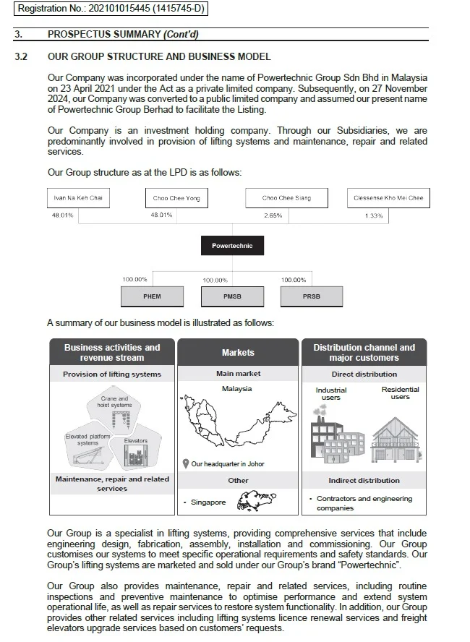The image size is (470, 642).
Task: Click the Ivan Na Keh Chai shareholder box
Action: pos(79,198)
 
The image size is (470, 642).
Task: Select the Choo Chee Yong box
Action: pos(176,198)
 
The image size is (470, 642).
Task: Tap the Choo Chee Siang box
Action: pos(286,198)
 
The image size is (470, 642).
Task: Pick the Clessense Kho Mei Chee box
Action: pos(388,198)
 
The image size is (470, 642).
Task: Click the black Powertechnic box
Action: pos(232,246)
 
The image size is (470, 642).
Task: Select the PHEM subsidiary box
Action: pos(152,296)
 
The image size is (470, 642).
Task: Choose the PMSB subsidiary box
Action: pos(232,296)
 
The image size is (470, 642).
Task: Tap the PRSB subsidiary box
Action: pos(311,296)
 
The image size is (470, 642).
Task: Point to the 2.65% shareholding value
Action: pos(273,215)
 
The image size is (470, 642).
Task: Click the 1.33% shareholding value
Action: pos(374,215)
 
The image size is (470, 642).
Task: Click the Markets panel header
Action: pos(238,353)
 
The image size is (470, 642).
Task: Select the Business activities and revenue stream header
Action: pos(112,353)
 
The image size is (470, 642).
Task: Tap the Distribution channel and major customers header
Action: pos(364,353)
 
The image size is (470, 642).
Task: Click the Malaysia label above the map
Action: pos(237,389)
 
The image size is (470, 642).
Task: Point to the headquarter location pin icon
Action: pos(186,464)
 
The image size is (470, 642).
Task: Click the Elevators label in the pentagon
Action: pos(136,440)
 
